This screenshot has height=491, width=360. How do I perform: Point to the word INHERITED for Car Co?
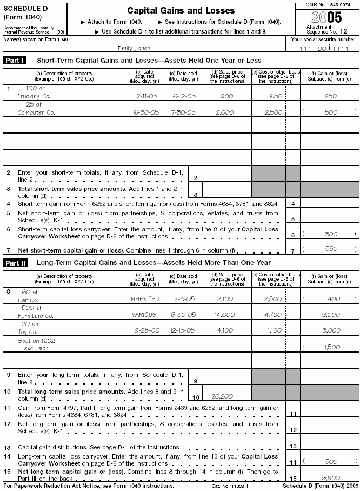coord(144,299)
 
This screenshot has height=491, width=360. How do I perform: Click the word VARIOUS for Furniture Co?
coord(144,315)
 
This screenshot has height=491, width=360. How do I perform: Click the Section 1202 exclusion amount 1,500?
coord(330,347)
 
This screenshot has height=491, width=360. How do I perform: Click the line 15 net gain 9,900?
coord(330,479)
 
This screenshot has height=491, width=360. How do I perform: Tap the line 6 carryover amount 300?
coord(330,234)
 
